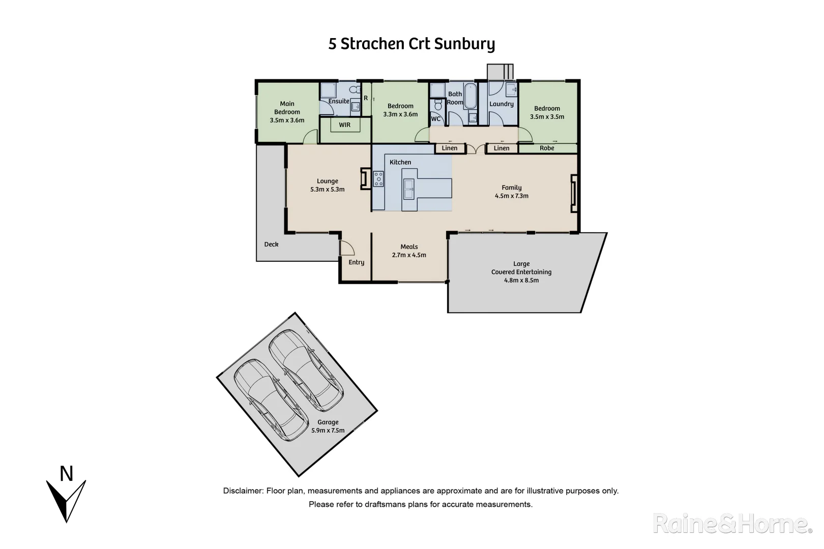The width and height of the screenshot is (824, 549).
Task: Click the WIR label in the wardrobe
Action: tap(344, 125)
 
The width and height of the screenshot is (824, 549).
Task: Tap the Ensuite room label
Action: tap(339, 101)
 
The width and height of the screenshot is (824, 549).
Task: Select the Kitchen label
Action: tap(400, 162)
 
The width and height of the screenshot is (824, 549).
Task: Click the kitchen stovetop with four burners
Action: tap(378, 179)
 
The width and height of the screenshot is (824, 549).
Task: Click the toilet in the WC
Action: tap(436, 106)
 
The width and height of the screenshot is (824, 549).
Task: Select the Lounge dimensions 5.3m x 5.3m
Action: tap(327, 189)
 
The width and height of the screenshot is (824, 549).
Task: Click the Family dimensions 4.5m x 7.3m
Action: tap(511, 196)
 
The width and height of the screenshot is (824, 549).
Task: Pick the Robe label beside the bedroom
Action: tap(547, 148)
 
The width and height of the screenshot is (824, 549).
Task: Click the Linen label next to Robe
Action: tap(501, 148)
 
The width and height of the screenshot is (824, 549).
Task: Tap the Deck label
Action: tap(271, 245)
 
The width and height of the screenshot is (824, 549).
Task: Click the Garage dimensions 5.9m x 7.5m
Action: tap(328, 431)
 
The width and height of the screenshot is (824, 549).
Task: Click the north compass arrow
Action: tap(66, 501)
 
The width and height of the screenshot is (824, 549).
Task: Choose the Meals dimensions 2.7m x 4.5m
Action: tap(409, 255)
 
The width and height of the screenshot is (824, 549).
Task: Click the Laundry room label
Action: tap(501, 104)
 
